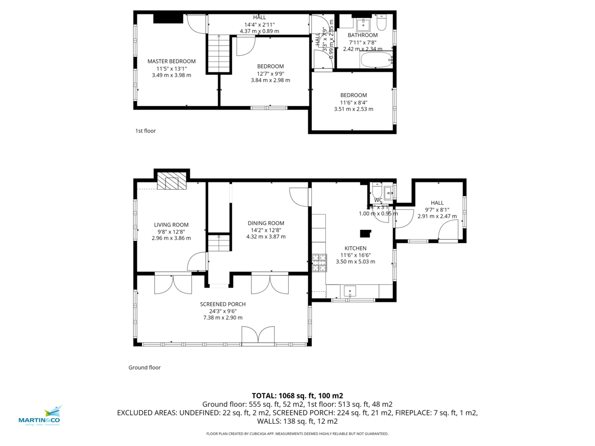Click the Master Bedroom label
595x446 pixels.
171,61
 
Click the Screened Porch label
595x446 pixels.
223,304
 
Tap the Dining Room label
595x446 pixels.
266,223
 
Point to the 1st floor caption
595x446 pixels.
145,131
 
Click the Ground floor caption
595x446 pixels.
144,368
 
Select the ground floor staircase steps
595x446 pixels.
219,243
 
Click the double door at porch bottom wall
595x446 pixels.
258,335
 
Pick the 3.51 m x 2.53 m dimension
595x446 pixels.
354,109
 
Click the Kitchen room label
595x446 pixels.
356,248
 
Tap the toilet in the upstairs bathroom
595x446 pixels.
381,23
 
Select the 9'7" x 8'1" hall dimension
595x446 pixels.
437,210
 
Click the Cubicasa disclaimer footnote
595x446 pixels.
297,434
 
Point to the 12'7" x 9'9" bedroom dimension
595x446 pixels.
270,73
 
